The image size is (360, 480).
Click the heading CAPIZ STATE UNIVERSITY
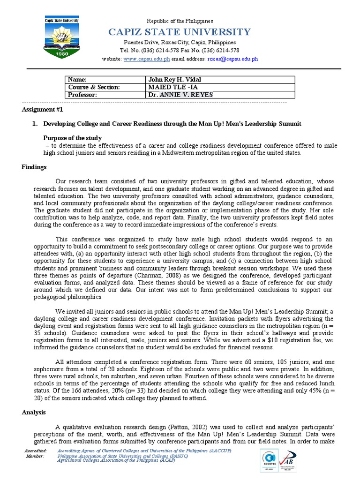click(180, 32)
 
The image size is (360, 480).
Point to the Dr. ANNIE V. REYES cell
click(180, 95)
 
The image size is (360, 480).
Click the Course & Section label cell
click(94, 87)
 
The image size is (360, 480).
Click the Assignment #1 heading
click(42, 109)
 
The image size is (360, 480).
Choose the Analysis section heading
click(34, 412)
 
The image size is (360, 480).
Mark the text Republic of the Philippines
click(180, 21)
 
